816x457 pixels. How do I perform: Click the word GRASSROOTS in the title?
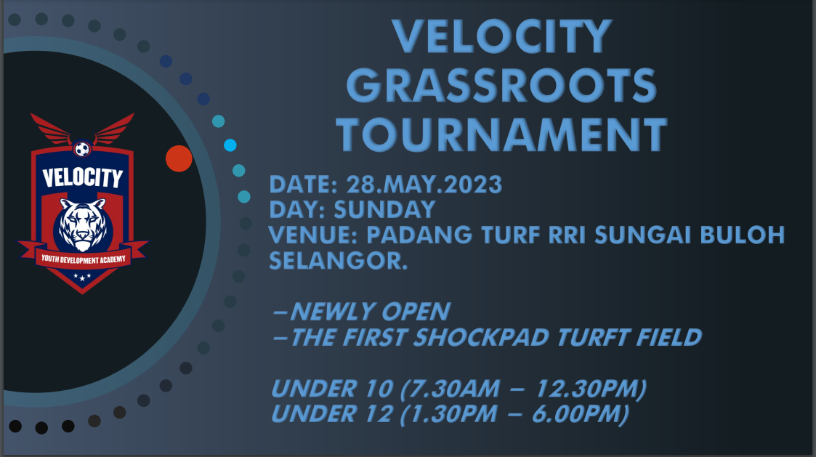point(501,86)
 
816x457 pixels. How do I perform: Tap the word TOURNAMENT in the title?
point(501,135)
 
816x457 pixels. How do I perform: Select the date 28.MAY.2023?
point(424,185)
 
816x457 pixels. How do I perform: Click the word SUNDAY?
point(384,210)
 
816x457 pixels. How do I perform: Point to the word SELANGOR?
point(338,260)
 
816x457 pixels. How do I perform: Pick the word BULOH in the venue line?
point(742,235)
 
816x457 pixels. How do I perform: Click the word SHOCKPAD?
point(481,337)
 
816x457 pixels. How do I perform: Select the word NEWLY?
point(332,312)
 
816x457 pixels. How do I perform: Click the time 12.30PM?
point(591,389)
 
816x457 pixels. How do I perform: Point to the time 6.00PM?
point(580,414)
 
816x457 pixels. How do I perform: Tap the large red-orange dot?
point(179,159)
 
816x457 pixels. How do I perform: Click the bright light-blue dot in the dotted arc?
point(230,145)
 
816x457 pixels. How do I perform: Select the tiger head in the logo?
point(82,225)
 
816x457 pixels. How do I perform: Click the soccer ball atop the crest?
point(82,150)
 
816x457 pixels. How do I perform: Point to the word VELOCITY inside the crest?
point(82,177)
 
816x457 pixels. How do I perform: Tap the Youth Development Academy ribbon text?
point(84,259)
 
